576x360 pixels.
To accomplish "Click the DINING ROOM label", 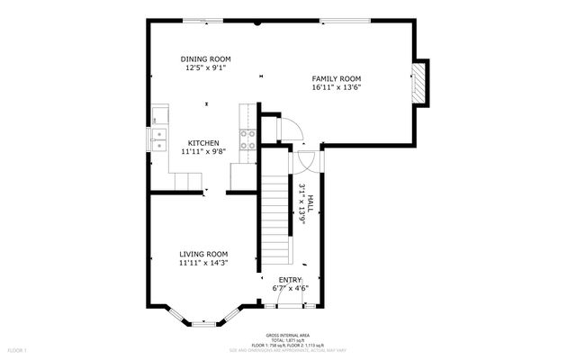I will (206, 58).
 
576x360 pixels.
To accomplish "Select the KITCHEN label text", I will (203, 143).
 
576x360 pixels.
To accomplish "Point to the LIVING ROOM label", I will (202, 254).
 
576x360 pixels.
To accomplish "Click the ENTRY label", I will (290, 280).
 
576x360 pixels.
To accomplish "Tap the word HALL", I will (310, 203).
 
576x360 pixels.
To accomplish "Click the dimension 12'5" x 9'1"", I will (206, 67).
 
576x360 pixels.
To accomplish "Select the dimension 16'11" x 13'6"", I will (343, 88).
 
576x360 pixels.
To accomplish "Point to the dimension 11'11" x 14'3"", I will (202, 263).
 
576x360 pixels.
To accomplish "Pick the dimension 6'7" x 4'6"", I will (290, 289).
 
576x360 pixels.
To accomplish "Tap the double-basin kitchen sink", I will (158, 138).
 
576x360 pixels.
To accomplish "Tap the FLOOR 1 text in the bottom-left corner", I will (19, 349).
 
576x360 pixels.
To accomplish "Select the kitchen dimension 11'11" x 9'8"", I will (203, 152).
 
